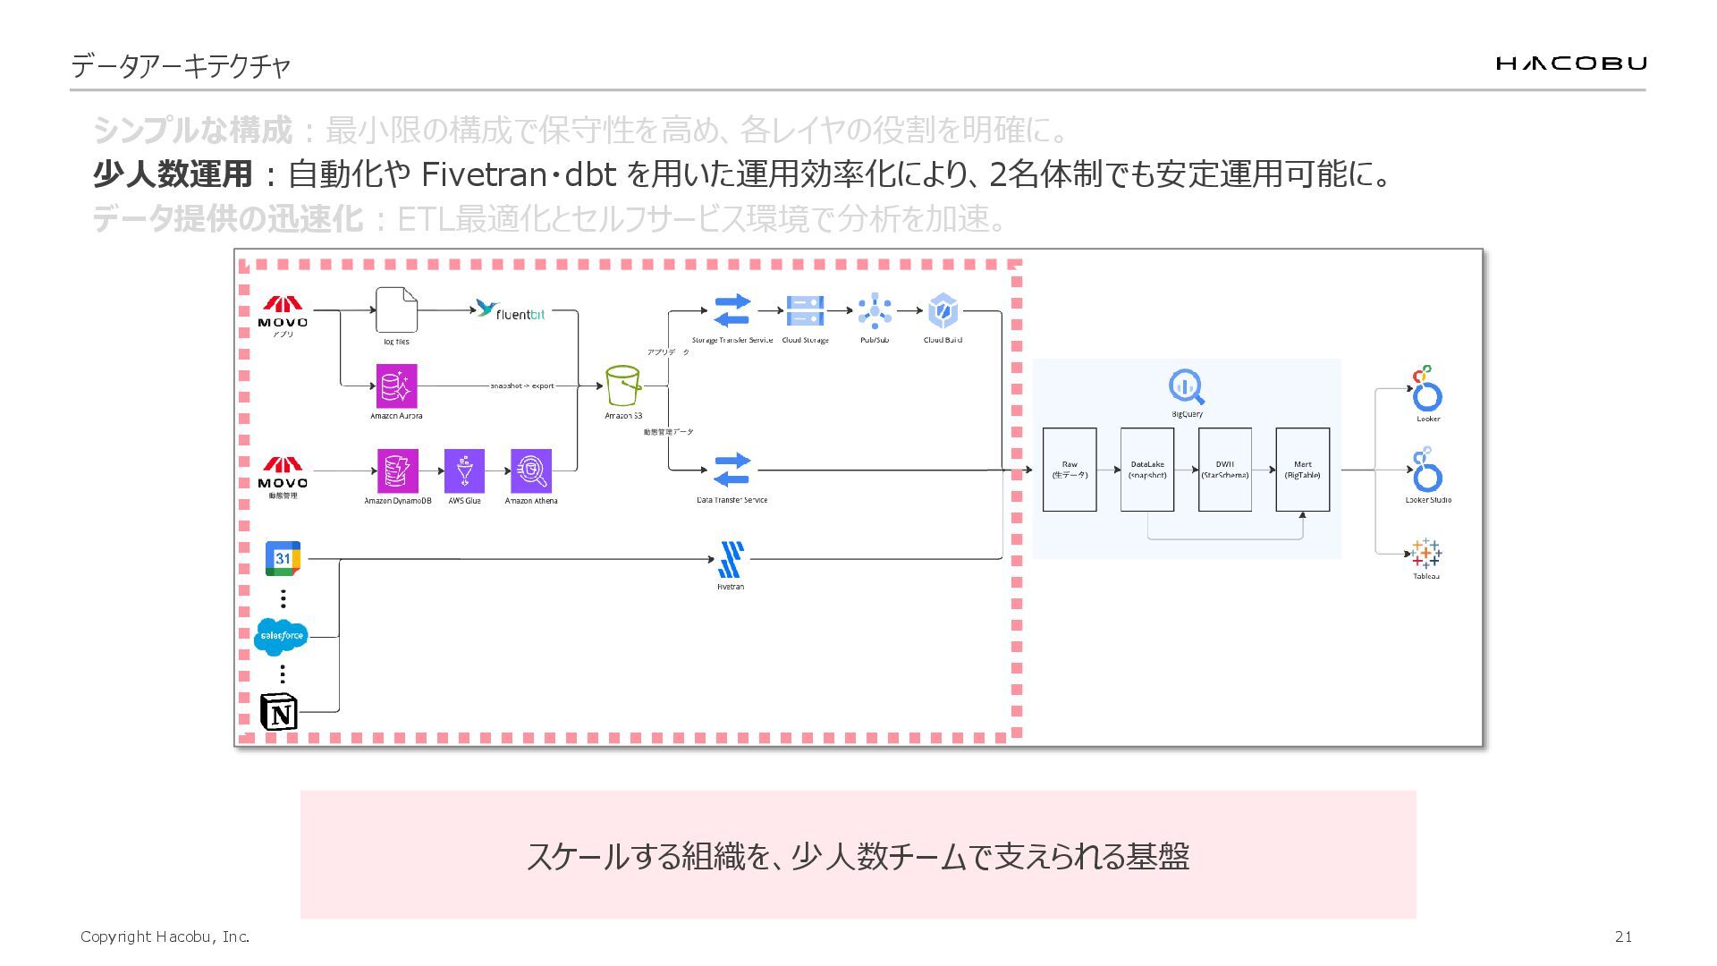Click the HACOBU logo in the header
[x=1570, y=63]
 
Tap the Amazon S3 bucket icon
[x=622, y=386]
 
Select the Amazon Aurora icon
[x=396, y=386]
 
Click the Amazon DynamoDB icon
[x=396, y=470]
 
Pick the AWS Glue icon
[x=464, y=470]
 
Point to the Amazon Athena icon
[x=531, y=470]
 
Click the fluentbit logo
[x=511, y=311]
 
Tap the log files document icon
[x=396, y=310]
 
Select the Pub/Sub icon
[x=875, y=310]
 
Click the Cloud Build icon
[x=943, y=310]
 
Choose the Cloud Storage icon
[x=805, y=310]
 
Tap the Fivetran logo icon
[x=731, y=560]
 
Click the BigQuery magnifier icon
[x=1187, y=387]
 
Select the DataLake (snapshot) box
[x=1147, y=470]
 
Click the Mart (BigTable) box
[x=1302, y=470]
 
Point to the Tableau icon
[x=1426, y=554]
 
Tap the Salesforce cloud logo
[x=281, y=636]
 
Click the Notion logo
[x=279, y=712]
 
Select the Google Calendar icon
[x=283, y=558]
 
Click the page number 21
[x=1623, y=936]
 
